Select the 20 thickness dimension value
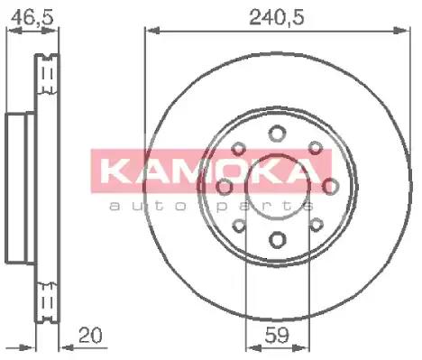pos(88,335)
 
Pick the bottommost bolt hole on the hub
pos(276,239)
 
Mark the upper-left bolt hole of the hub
pos(239,150)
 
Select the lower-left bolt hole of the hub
pos(239,225)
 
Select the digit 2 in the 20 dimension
pos(83,335)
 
